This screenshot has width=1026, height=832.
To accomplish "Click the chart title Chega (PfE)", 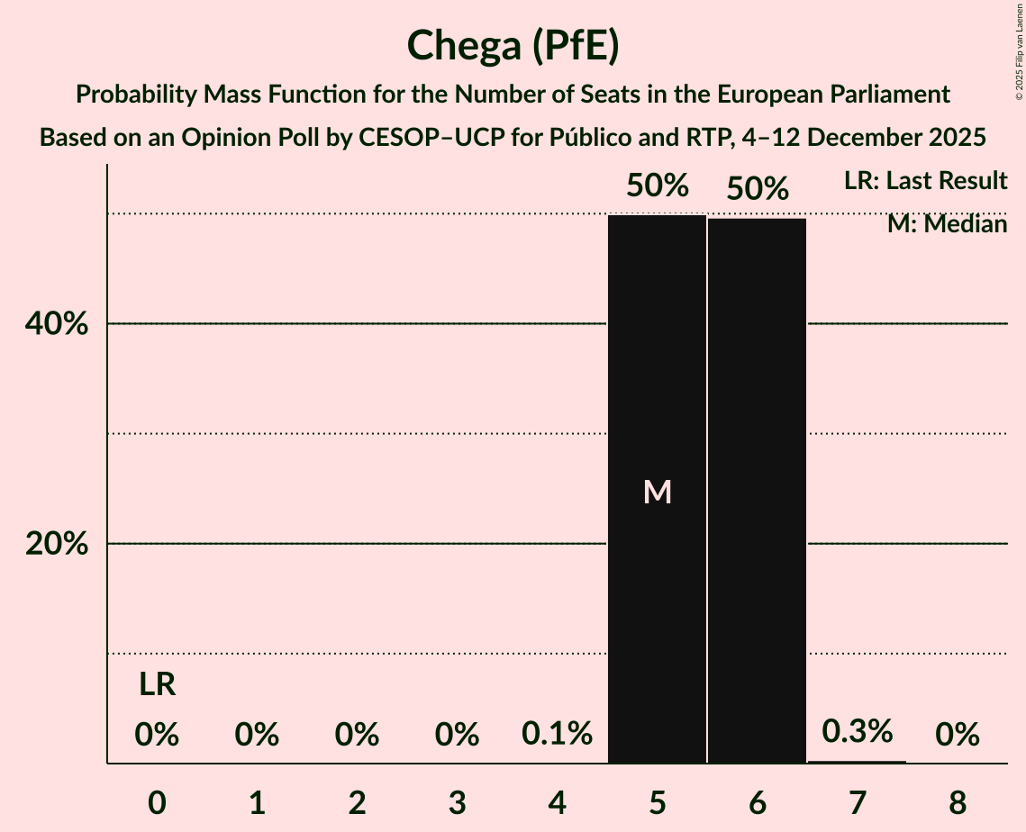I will point(513,47).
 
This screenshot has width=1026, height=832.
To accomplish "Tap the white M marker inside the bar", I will point(658,492).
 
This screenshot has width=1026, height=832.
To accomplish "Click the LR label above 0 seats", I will point(157,685).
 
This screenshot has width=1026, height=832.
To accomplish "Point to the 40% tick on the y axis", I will point(62,324).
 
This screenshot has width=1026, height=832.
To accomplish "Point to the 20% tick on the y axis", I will point(62,545).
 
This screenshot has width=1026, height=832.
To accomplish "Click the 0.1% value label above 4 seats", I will point(558,734).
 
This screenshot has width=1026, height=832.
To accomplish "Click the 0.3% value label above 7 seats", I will point(858,731).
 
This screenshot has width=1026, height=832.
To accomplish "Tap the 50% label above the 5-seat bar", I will point(658,186).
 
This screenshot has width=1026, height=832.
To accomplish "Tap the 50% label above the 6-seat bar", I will point(758,189).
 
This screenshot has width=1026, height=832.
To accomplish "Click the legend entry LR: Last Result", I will point(925,181).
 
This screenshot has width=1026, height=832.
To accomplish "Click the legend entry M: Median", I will point(947,223).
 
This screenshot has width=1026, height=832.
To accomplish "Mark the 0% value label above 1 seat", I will point(257,736).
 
